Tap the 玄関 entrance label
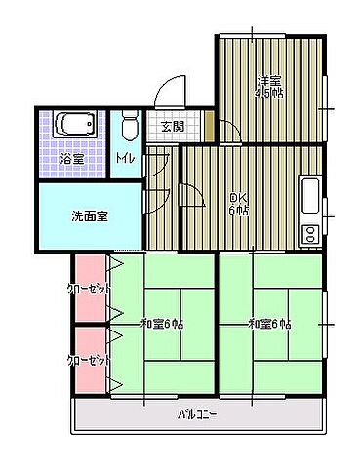(x=173, y=127)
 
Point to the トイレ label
(x=125, y=158)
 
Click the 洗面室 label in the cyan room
(x=89, y=216)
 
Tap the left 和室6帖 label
(x=162, y=325)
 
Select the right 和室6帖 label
(x=268, y=325)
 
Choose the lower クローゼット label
(x=88, y=360)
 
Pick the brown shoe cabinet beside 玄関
(x=209, y=126)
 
